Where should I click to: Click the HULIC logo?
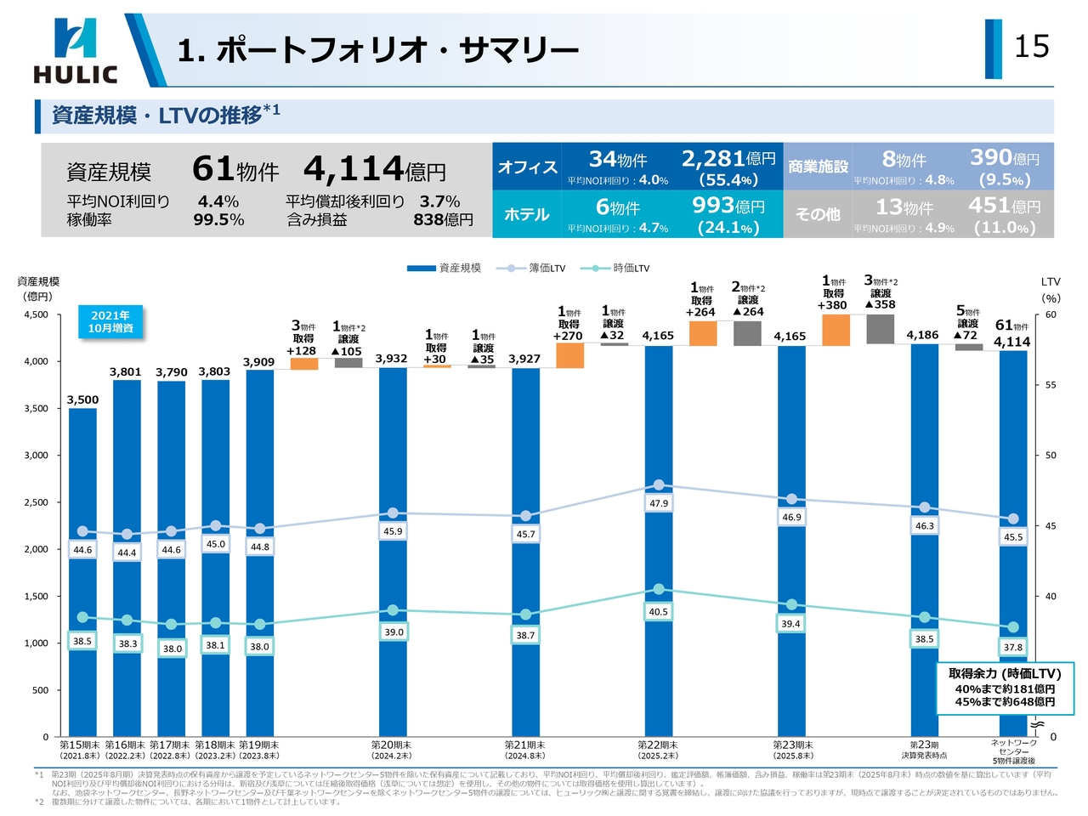[x=75, y=51]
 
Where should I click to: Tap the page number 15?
[x=1032, y=47]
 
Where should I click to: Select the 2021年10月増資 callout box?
[x=110, y=322]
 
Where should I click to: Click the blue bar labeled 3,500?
[x=82, y=569]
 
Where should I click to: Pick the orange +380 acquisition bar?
[x=836, y=330]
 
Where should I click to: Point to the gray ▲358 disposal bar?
[x=881, y=330]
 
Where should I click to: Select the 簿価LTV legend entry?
[x=530, y=269]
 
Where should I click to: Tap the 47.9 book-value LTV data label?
[x=659, y=504]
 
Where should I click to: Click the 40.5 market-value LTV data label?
[x=659, y=612]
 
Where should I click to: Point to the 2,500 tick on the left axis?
[x=36, y=502]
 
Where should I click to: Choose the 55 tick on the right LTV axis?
[x=1051, y=385]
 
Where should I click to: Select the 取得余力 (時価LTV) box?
[x=1005, y=687]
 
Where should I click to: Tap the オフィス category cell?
[x=527, y=167]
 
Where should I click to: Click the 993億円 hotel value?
[x=728, y=206]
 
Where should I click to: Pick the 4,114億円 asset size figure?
[x=375, y=169]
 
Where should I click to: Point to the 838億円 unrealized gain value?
[x=443, y=220]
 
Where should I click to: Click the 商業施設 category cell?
[x=818, y=167]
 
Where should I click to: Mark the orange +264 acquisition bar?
[x=703, y=333]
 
